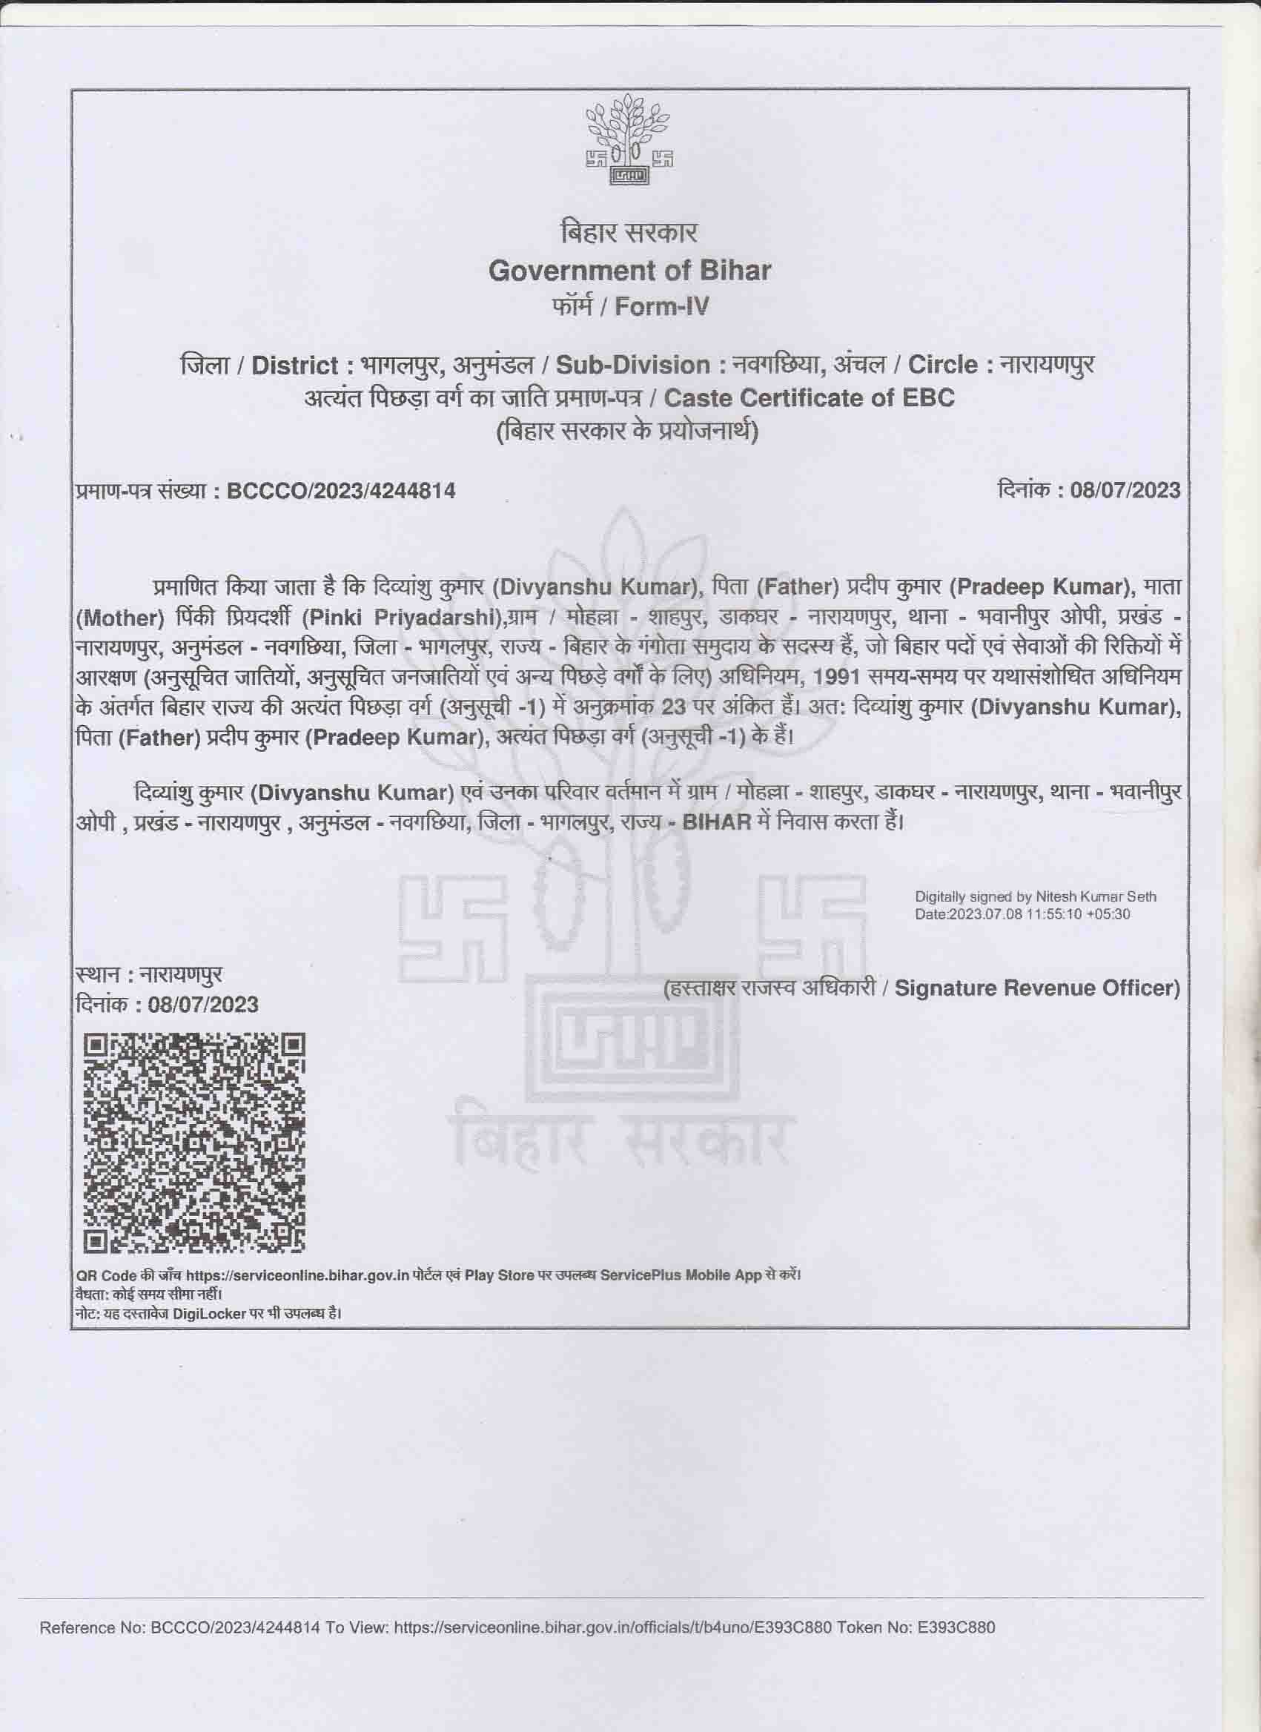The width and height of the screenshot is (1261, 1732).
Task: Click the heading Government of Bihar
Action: coord(629,271)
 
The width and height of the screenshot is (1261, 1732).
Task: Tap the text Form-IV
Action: coord(661,306)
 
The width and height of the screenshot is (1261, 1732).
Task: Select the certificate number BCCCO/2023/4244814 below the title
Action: coord(341,491)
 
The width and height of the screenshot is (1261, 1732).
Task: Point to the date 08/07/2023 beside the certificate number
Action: coord(1125,489)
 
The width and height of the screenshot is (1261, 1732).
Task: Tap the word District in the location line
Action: coord(295,365)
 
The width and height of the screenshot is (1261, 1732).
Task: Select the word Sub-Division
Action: coord(632,365)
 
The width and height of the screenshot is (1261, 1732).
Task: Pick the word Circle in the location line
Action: coord(942,365)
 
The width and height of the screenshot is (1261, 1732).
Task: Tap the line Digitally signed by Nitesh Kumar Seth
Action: coord(1036,896)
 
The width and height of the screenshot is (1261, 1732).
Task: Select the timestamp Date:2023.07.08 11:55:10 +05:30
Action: coord(1023,913)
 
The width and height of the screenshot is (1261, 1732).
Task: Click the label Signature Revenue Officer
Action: coord(1036,988)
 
